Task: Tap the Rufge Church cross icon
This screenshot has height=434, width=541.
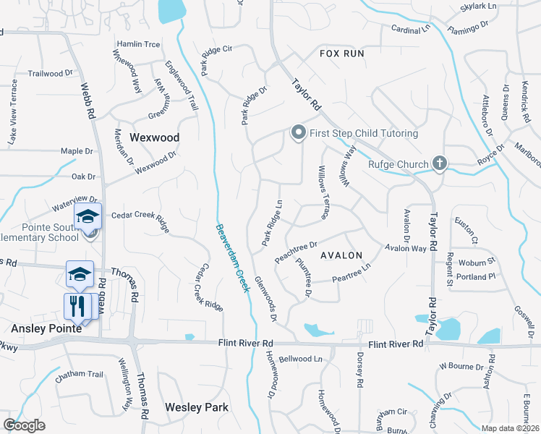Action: tap(438, 163)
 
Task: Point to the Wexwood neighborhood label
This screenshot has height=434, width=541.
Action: tap(154, 137)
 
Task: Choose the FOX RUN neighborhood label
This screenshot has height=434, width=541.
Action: tap(342, 54)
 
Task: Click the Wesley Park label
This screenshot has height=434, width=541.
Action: tap(197, 407)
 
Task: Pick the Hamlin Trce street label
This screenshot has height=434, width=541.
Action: tap(138, 44)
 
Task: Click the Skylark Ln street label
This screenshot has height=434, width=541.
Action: tap(479, 7)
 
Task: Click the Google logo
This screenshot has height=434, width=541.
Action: tap(24, 425)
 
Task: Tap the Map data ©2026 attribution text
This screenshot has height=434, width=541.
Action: tap(511, 428)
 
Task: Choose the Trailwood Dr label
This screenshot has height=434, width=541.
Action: tap(51, 73)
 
